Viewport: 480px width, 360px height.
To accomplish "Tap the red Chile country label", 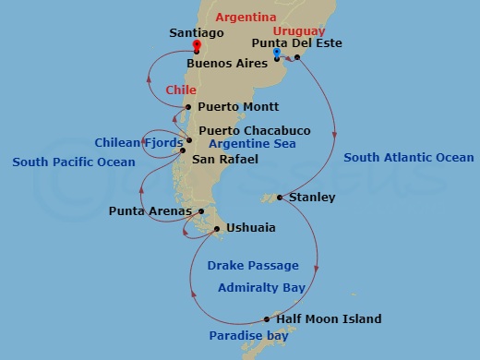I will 181,90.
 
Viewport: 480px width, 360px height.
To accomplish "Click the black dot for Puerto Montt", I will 188,107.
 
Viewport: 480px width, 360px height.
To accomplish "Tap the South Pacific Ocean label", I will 74,162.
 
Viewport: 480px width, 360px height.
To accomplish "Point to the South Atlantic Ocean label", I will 408,158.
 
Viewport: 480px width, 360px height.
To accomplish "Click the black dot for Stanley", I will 280,197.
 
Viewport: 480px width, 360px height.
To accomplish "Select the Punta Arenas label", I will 143,211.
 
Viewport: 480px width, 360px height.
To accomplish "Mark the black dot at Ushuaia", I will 216,228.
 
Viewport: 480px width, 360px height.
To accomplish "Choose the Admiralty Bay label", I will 261,288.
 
